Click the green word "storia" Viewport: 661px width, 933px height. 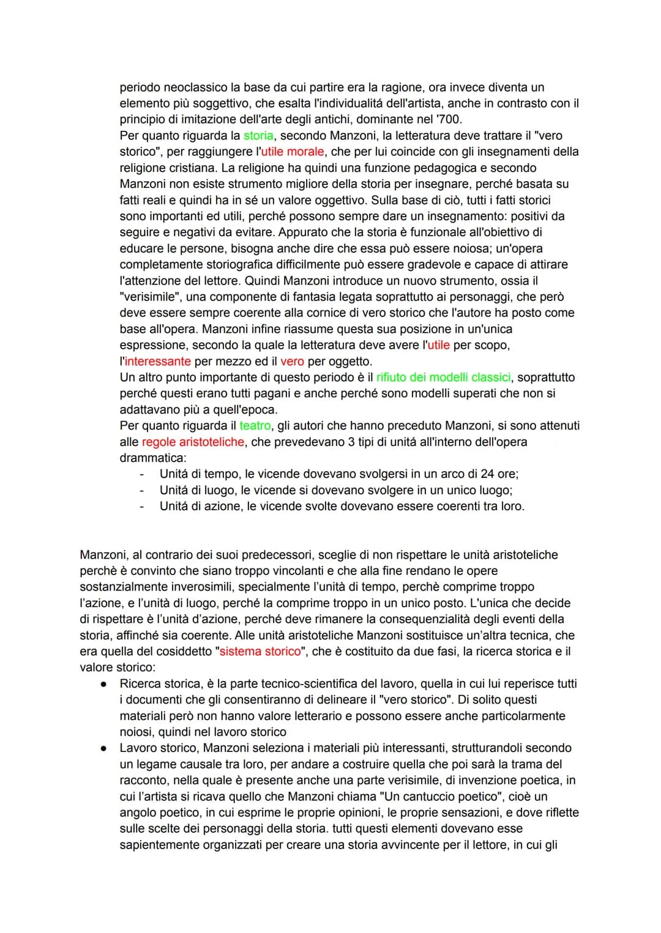(x=258, y=136)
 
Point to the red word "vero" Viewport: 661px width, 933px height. (x=292, y=362)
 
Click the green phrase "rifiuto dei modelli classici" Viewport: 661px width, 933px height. (x=445, y=377)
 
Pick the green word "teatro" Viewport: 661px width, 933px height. (x=255, y=426)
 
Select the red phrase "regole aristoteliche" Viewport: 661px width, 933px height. (x=193, y=442)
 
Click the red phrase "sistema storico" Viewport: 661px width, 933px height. (x=260, y=652)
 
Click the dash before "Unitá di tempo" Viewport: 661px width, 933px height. (x=142, y=474)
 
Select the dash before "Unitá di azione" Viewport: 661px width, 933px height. (x=142, y=507)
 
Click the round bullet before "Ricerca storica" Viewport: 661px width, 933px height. (x=105, y=684)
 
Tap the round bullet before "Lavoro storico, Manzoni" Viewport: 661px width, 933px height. (x=105, y=748)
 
